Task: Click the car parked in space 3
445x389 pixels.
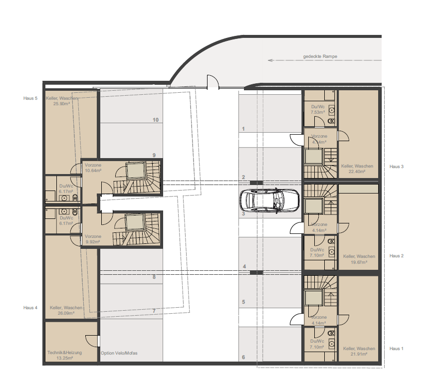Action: click(269, 201)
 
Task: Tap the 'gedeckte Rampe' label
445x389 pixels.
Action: click(320, 56)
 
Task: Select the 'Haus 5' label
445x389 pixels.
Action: click(30, 98)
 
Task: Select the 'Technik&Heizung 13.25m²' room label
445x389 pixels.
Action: click(64, 355)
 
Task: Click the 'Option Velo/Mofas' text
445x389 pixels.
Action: click(119, 353)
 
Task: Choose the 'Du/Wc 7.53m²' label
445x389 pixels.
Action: click(318, 109)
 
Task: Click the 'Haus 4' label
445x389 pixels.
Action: click(30, 307)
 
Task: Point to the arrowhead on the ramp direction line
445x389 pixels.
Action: click(270, 61)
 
